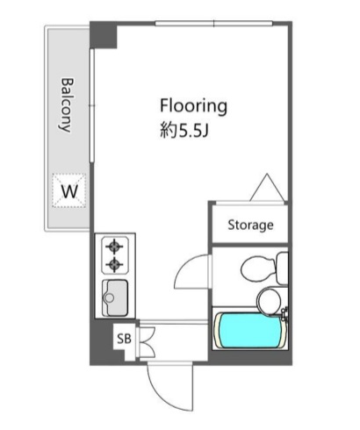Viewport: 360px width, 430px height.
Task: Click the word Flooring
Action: pos(193,106)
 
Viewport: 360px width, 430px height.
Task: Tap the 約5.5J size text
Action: pos(184,131)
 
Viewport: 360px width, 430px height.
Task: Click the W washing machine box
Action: pos(69,190)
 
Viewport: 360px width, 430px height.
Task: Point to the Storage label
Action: pos(250,226)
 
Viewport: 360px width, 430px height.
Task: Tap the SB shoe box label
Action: pos(124,339)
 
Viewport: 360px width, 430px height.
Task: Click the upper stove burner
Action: pos(114,247)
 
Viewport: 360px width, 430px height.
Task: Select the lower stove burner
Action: pos(114,265)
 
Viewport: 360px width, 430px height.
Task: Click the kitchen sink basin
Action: pos(115,298)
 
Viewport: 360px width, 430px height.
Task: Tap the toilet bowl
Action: pos(258,269)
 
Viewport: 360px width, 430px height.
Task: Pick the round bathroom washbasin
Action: pos(269,300)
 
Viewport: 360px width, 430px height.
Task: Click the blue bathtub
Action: pos(248,330)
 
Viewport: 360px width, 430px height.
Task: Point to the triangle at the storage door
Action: pos(267,187)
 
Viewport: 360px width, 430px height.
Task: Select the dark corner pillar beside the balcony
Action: pos(104,35)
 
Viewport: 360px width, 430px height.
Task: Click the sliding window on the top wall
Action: pos(213,24)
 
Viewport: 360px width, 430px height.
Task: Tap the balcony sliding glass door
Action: pos(92,105)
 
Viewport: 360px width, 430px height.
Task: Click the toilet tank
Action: pos(283,269)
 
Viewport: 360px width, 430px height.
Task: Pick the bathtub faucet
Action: pos(284,313)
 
